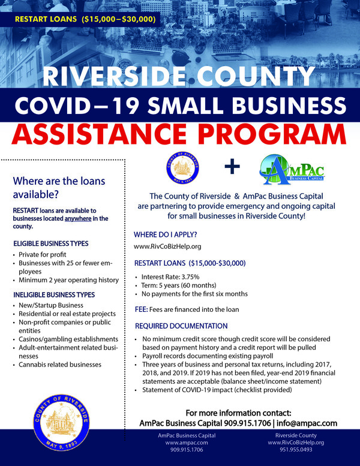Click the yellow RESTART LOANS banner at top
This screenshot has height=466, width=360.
(85, 19)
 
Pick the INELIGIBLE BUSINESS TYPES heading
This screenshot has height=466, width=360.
(54, 294)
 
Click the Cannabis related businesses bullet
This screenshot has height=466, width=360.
(60, 364)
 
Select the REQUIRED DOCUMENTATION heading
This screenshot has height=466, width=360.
(181, 326)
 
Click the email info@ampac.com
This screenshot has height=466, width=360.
(307, 423)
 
